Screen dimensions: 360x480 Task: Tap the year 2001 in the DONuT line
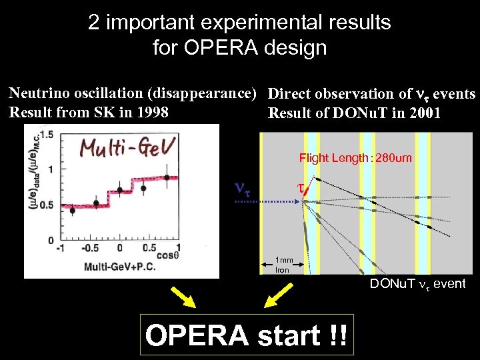click(423, 113)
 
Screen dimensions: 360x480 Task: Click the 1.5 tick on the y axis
click(47, 135)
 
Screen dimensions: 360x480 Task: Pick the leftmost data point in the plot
click(72, 211)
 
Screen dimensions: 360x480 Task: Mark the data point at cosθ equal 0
click(121, 190)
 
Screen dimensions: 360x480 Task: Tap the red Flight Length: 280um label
click(355, 158)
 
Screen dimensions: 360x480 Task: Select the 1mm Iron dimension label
click(283, 265)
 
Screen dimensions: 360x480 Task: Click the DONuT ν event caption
click(418, 285)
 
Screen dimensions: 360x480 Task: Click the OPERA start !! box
click(246, 334)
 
